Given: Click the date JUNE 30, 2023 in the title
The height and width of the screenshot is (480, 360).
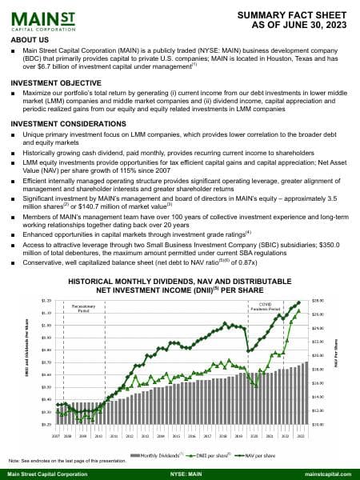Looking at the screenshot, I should (x=311, y=25).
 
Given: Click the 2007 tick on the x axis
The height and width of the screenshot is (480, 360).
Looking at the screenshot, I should (x=57, y=437).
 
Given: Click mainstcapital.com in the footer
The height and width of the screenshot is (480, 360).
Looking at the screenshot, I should (x=328, y=474).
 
